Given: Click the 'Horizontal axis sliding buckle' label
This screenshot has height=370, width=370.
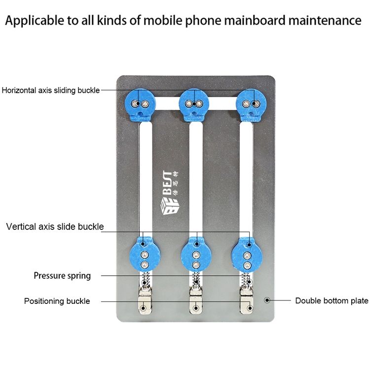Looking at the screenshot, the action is pyautogui.click(x=51, y=90).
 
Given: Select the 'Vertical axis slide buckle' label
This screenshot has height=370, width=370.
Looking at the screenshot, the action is pyautogui.click(x=55, y=226).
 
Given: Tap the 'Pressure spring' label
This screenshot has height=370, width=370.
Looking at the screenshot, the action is pyautogui.click(x=62, y=276).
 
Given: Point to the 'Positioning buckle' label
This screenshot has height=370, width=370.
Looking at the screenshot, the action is pyautogui.click(x=57, y=301).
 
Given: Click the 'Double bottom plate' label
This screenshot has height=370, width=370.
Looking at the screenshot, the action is pyautogui.click(x=332, y=300).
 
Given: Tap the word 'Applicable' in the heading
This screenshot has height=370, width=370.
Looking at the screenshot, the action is pyautogui.click(x=34, y=21).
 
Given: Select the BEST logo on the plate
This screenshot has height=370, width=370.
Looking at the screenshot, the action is pyautogui.click(x=170, y=193).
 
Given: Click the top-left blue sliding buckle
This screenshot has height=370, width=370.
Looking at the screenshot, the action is pyautogui.click(x=140, y=106).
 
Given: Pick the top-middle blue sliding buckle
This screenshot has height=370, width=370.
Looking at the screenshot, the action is pyautogui.click(x=194, y=106).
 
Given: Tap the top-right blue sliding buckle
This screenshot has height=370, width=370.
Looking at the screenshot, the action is pyautogui.click(x=251, y=106).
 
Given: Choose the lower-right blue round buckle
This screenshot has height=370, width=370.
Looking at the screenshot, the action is pyautogui.click(x=247, y=255).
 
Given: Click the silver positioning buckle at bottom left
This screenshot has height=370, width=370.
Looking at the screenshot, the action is pyautogui.click(x=145, y=301).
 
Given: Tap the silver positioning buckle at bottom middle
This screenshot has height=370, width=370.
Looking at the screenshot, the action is pyautogui.click(x=196, y=301).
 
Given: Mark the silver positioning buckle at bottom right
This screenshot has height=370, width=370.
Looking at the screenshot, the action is pyautogui.click(x=246, y=301).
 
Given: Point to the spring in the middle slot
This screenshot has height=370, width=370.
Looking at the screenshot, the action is pyautogui.click(x=196, y=280).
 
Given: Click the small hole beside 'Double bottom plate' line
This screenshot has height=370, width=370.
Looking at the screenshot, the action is pyautogui.click(x=267, y=300).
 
